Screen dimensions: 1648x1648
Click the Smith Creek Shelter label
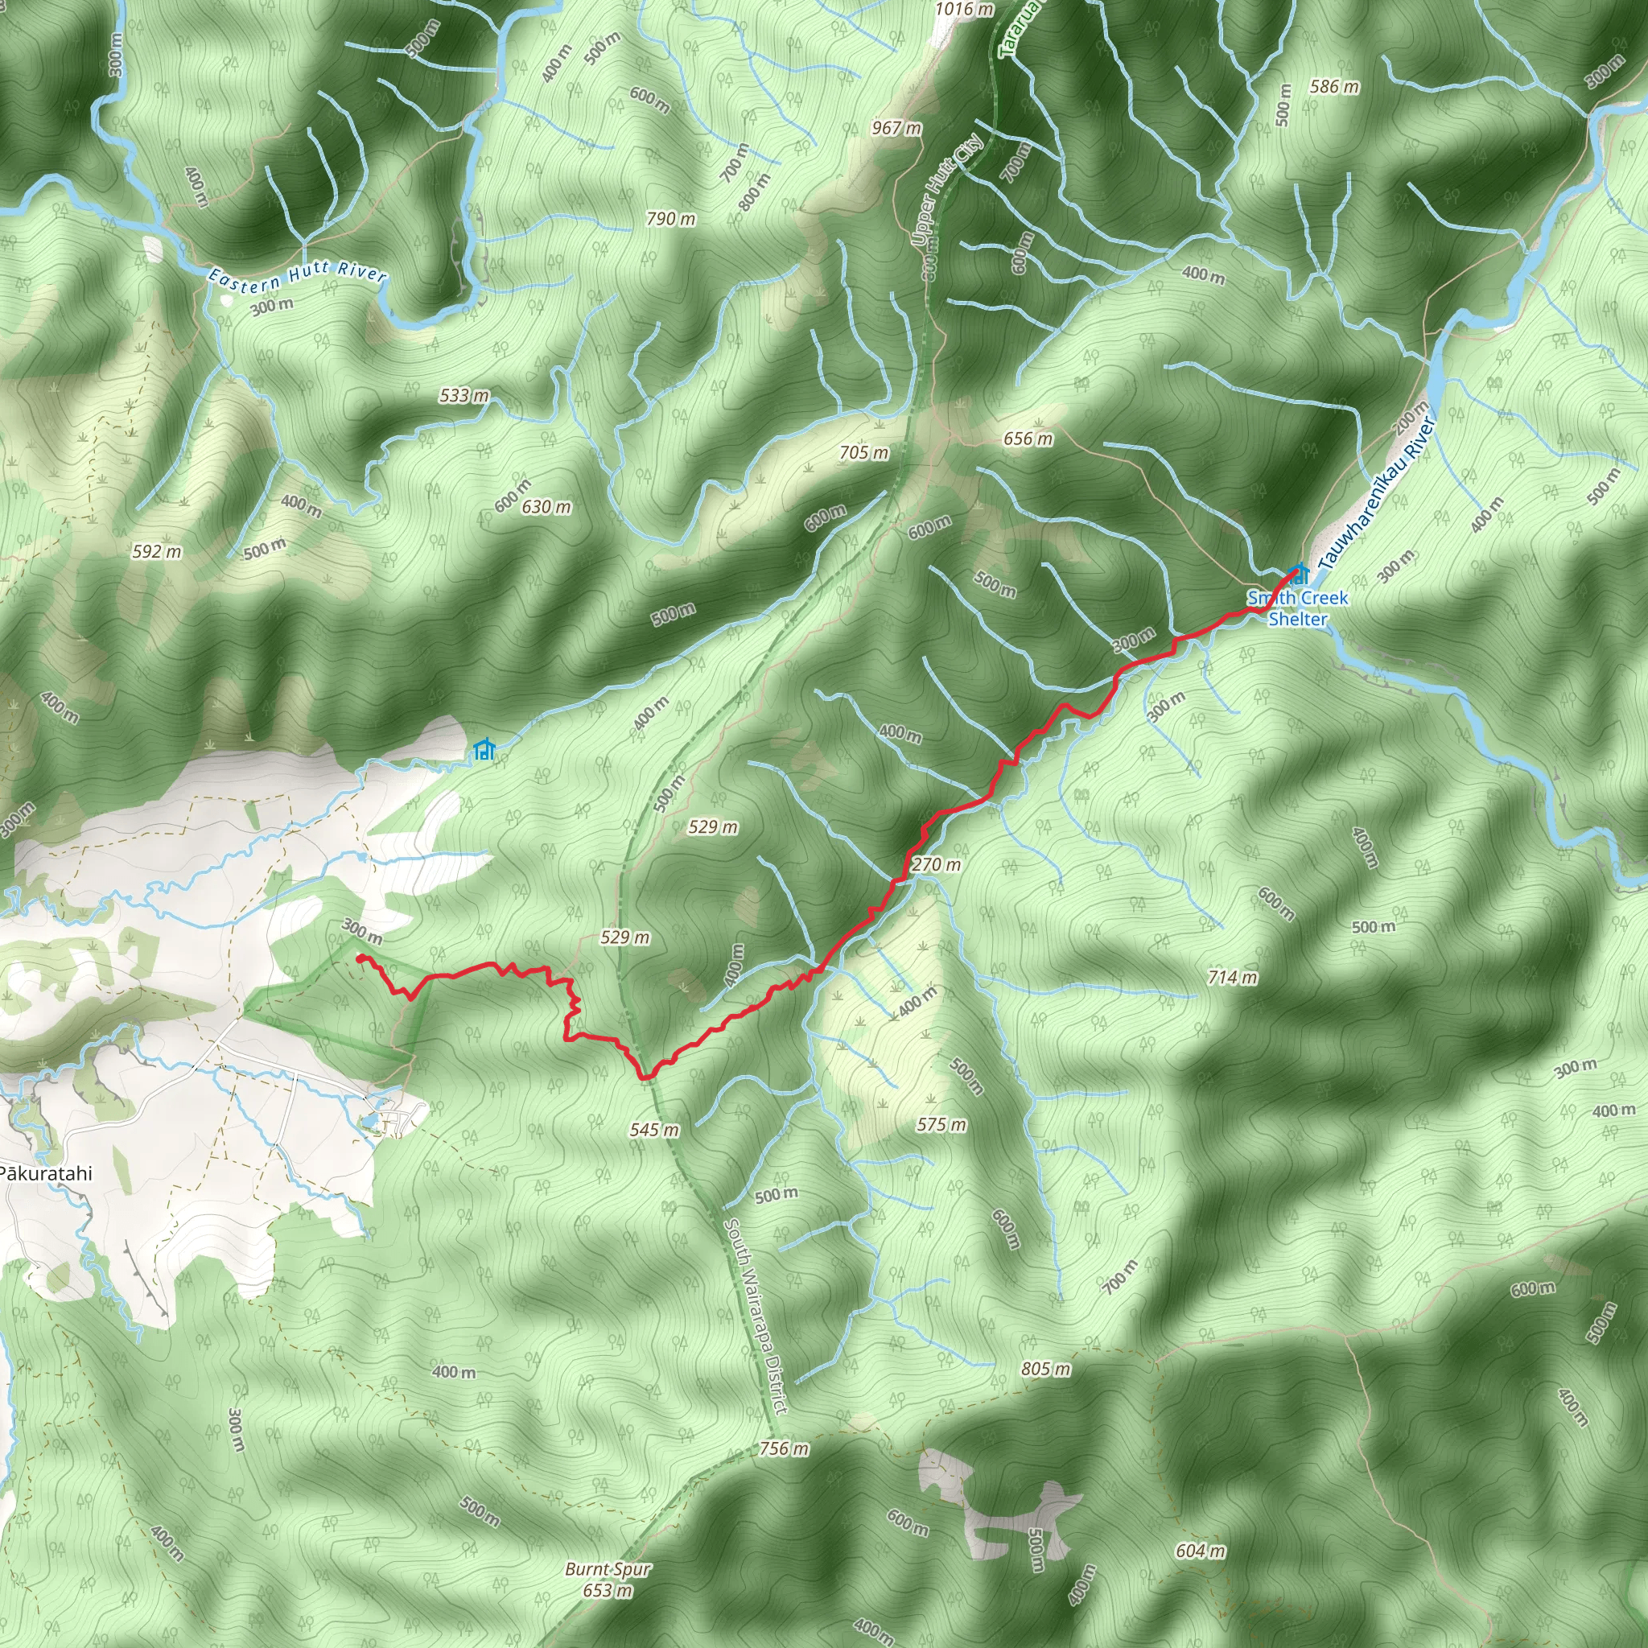[x=1296, y=608]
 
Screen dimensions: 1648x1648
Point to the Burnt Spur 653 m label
[x=608, y=1580]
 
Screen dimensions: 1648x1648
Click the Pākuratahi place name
[x=45, y=1173]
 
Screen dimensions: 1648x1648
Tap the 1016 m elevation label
[x=964, y=10]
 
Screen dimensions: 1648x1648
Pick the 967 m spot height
[x=896, y=128]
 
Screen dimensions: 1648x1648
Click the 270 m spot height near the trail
[x=936, y=865]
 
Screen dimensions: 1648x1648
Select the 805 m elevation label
[x=1046, y=1369]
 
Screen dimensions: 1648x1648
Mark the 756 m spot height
[x=783, y=1448]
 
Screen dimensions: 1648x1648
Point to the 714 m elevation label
[x=1233, y=977]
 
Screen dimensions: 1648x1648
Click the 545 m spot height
[x=654, y=1131]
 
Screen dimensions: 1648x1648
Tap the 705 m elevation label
[x=863, y=452]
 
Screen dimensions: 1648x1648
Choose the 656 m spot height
[x=1028, y=439]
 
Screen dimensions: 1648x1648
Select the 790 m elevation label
[x=670, y=219]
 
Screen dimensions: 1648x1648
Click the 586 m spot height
[x=1334, y=86]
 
